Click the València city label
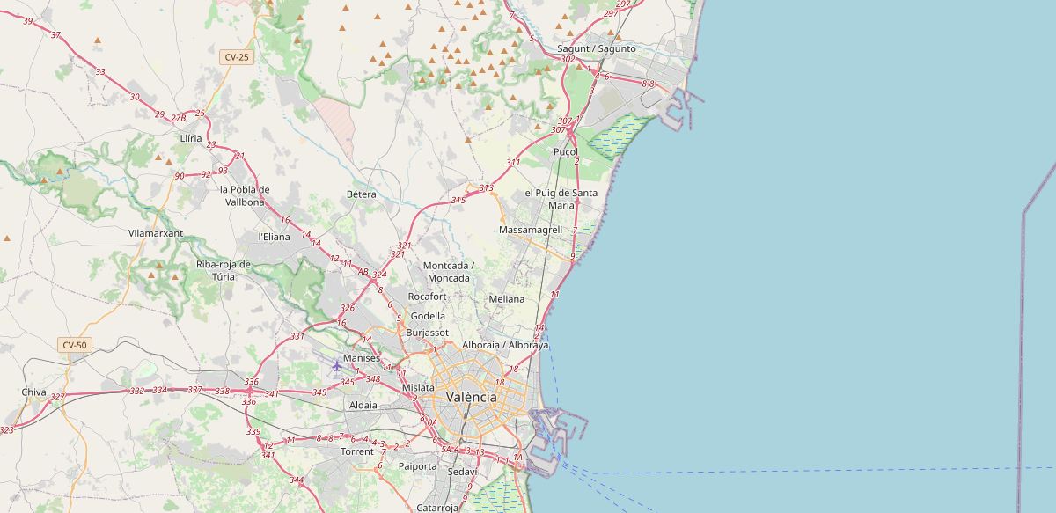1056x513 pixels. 471,397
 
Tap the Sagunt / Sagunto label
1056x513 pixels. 597,48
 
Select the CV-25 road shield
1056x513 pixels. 236,56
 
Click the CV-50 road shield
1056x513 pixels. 75,345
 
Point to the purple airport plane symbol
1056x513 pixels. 336,365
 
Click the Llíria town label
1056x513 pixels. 190,138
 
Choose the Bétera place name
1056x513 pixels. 361,194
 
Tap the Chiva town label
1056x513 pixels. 33,392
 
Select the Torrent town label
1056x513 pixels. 356,451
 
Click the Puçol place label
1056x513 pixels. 565,151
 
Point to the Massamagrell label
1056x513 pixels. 530,230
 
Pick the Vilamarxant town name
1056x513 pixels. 156,233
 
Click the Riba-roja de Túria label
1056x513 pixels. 224,269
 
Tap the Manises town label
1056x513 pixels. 362,358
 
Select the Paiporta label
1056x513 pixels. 417,466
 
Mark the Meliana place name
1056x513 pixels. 506,299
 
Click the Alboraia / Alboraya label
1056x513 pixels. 505,345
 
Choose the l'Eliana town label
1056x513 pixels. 273,237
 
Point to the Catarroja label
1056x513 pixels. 437,508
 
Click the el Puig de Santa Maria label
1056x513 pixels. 561,199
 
